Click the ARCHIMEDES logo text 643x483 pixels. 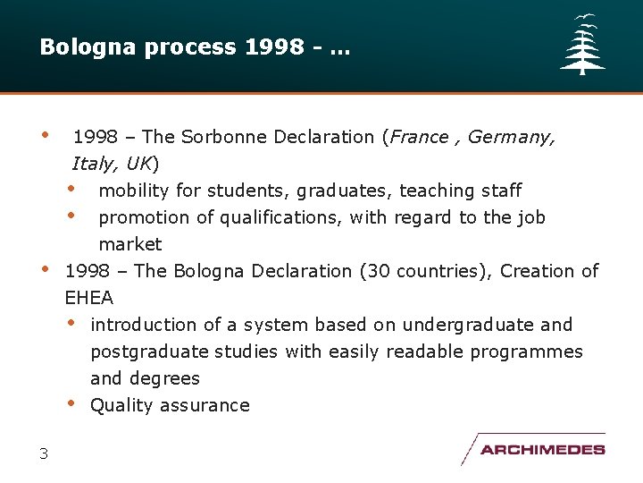pos(542,450)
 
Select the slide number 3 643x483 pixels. pos(44,453)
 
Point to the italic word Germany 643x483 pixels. pos(510,137)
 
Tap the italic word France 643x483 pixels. pos(419,137)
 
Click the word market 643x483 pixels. pos(130,244)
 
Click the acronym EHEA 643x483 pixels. pos(89,298)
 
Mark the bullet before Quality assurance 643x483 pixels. pos(71,403)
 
